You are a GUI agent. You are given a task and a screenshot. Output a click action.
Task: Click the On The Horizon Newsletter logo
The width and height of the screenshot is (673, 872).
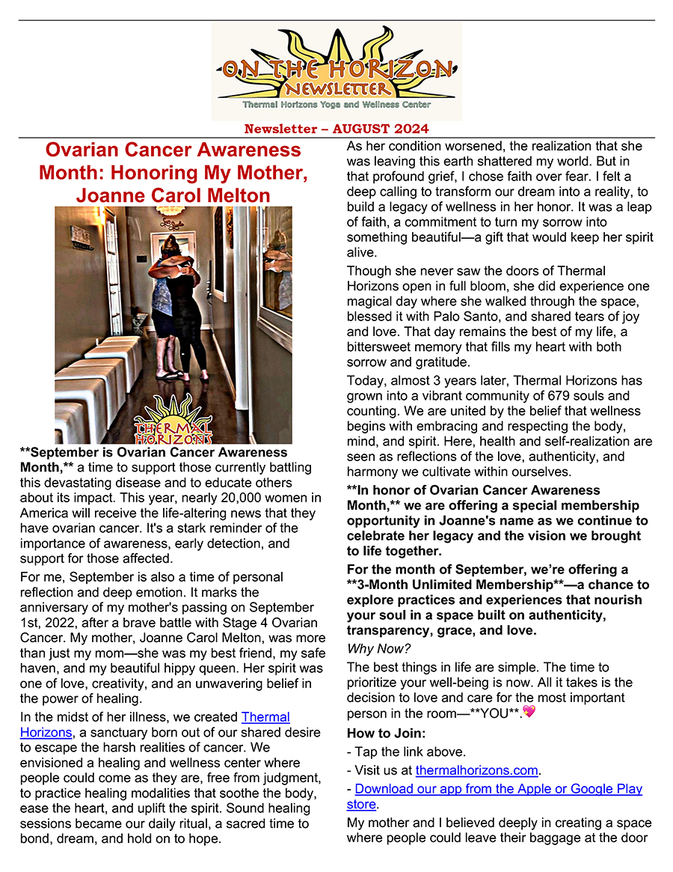(x=336, y=71)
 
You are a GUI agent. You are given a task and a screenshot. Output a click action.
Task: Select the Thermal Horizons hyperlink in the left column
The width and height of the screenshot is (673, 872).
(x=265, y=717)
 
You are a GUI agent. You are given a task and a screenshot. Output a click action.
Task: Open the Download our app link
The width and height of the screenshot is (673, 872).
(x=498, y=789)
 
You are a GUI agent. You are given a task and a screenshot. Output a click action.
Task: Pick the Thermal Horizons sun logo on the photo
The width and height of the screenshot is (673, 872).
(x=173, y=421)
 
